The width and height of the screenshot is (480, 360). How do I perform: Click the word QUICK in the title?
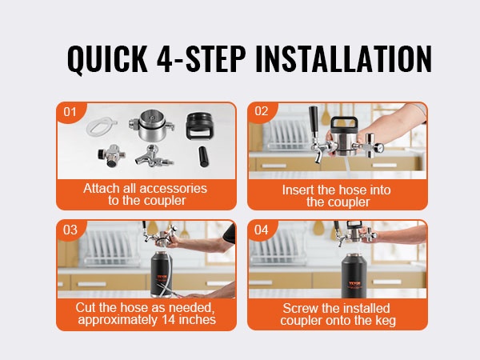pos(107,59)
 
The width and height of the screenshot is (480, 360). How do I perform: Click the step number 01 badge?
pos(70,112)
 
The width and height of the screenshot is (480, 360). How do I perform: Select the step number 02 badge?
pos(262,111)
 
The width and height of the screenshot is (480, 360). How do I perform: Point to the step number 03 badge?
pos(70,230)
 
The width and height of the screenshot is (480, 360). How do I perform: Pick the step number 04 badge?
pos(261,230)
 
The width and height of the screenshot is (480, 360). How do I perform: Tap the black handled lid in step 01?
pos(200,126)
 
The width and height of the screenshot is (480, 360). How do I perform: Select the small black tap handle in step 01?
pos(202,157)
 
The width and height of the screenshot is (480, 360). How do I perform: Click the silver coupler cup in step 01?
pos(152,126)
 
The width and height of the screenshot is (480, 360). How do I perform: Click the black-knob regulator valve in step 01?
pos(111,156)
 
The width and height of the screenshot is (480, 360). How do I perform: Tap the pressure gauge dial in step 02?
pos(380,148)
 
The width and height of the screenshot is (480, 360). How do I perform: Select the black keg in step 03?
pos(162,274)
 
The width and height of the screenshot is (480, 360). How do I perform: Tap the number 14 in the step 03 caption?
pos(168,319)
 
